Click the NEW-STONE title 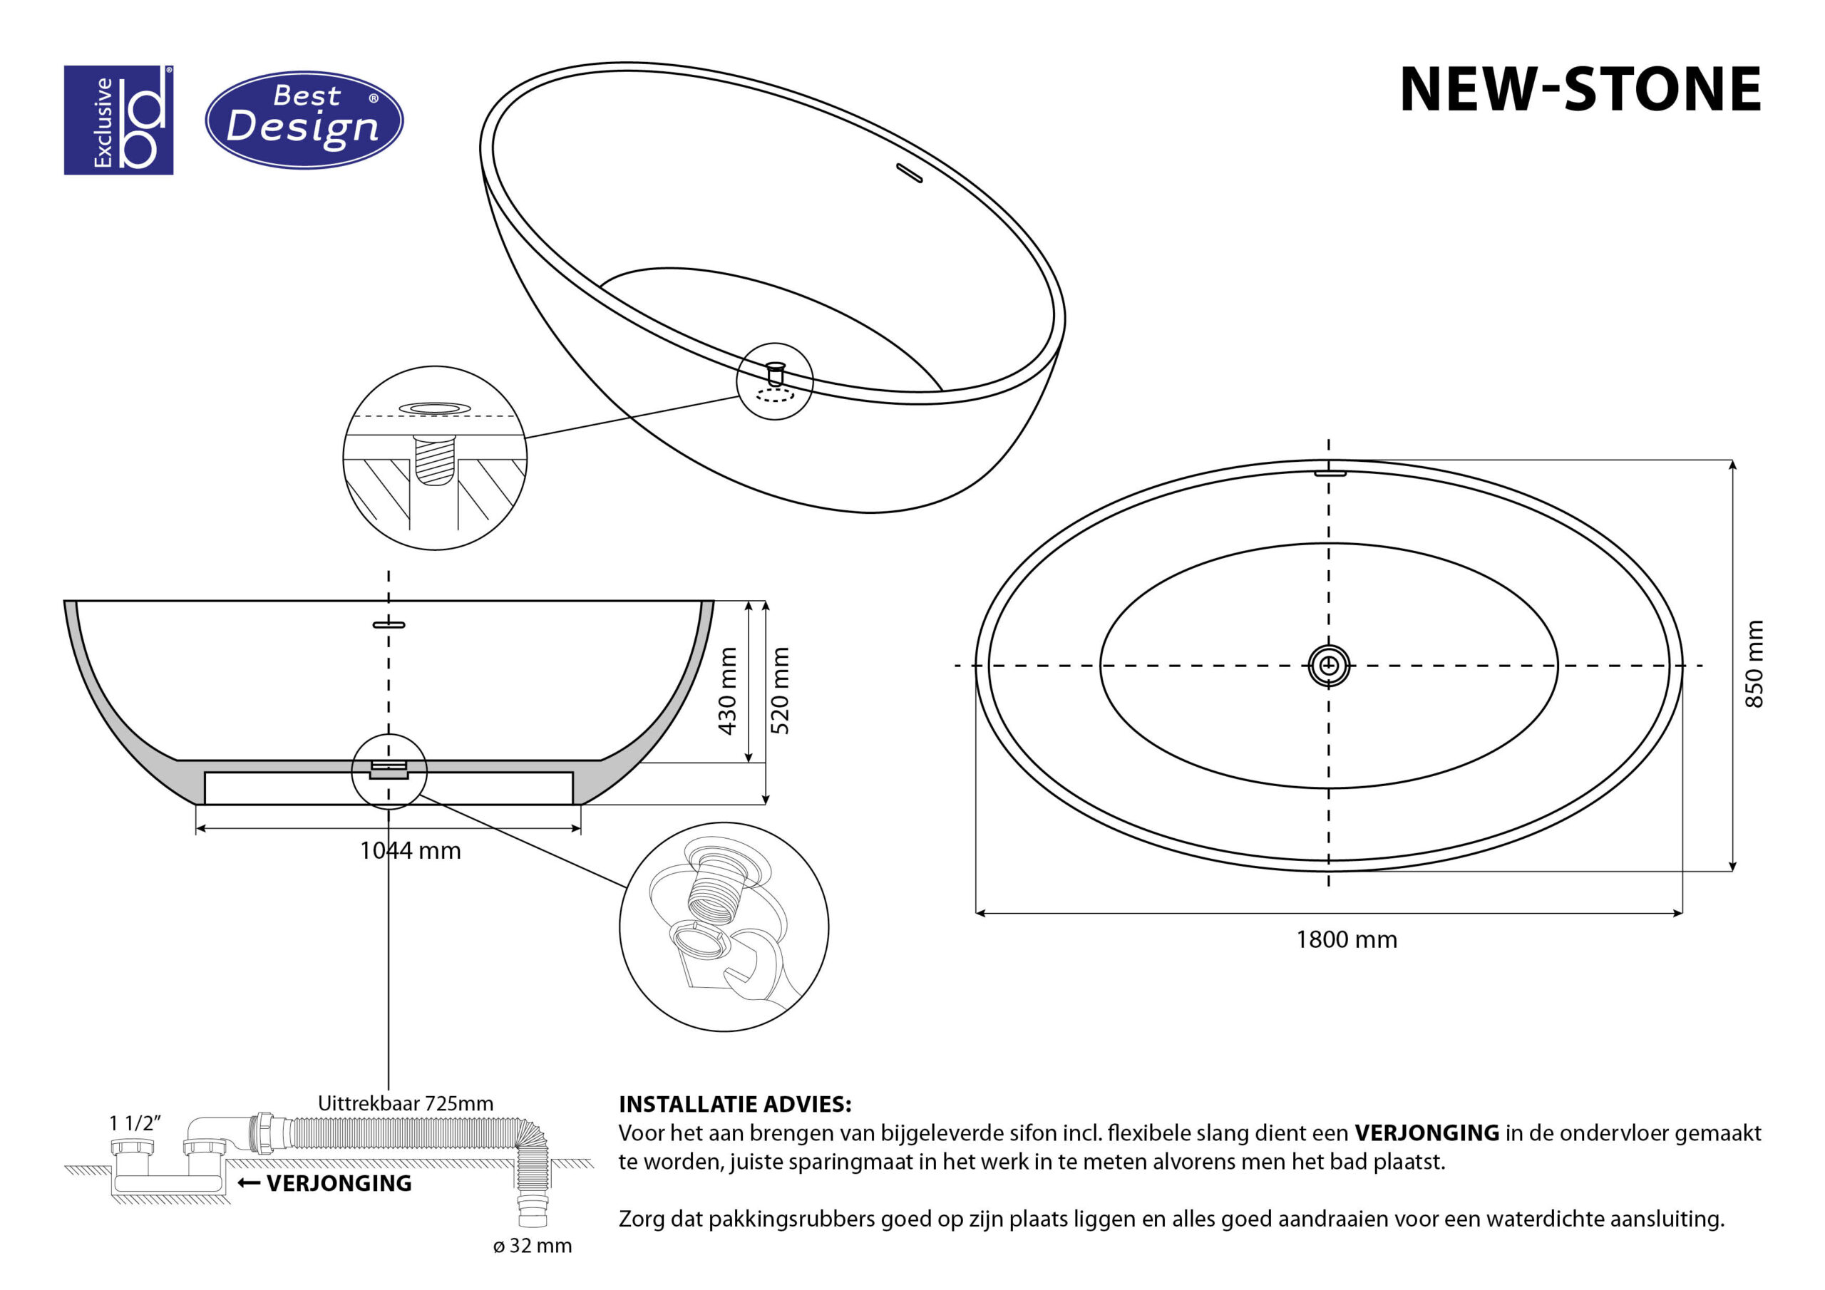[1580, 89]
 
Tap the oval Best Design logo [304, 120]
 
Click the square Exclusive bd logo [118, 120]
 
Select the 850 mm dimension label [1754, 664]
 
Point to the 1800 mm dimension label [1347, 939]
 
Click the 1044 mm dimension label [410, 850]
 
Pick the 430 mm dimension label [727, 691]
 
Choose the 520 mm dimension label [781, 691]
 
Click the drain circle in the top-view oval [1329, 664]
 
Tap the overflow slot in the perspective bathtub [910, 172]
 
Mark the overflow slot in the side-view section [389, 625]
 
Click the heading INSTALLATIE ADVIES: [735, 1104]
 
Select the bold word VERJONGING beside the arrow [339, 1184]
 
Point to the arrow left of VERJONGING [249, 1184]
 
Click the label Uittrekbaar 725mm [406, 1103]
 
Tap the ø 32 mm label [532, 1246]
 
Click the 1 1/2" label [135, 1123]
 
